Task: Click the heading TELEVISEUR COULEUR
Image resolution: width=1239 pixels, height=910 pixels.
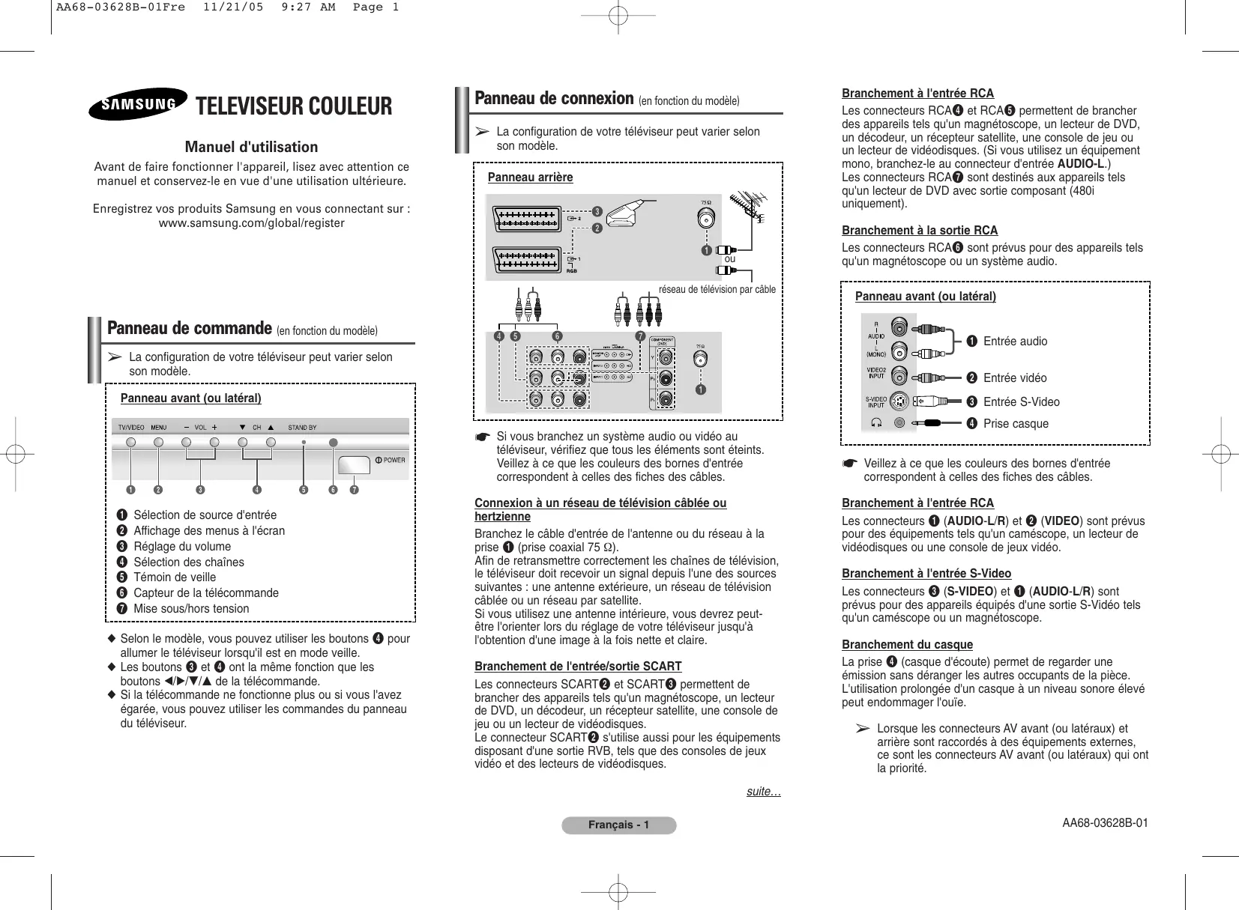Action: click(x=293, y=106)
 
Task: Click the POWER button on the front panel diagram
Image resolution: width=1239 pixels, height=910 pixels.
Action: click(x=354, y=464)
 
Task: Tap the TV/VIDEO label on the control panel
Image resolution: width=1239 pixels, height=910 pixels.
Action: click(x=131, y=428)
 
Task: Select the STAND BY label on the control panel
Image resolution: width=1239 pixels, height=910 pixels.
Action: click(x=302, y=428)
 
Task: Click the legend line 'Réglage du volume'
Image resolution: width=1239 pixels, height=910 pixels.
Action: click(x=181, y=546)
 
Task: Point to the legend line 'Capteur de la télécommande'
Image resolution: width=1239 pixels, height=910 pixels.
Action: click(x=205, y=592)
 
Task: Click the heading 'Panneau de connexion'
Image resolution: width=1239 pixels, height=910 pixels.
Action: click(x=554, y=99)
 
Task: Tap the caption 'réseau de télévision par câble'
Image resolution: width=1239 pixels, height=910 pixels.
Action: click(x=717, y=289)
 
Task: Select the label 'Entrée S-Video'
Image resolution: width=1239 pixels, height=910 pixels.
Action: click(x=1021, y=402)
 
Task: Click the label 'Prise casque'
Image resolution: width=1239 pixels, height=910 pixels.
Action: click(x=1016, y=424)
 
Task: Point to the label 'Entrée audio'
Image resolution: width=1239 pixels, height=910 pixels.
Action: click(x=1015, y=342)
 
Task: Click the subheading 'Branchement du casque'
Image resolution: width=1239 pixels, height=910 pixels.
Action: click(x=907, y=645)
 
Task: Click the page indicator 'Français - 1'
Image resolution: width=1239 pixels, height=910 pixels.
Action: click(x=618, y=825)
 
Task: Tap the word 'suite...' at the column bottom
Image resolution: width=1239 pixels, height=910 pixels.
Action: click(x=763, y=792)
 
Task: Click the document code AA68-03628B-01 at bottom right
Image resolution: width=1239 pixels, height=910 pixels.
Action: click(x=1105, y=823)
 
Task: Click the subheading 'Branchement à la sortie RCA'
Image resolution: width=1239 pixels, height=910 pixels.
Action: click(x=920, y=231)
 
